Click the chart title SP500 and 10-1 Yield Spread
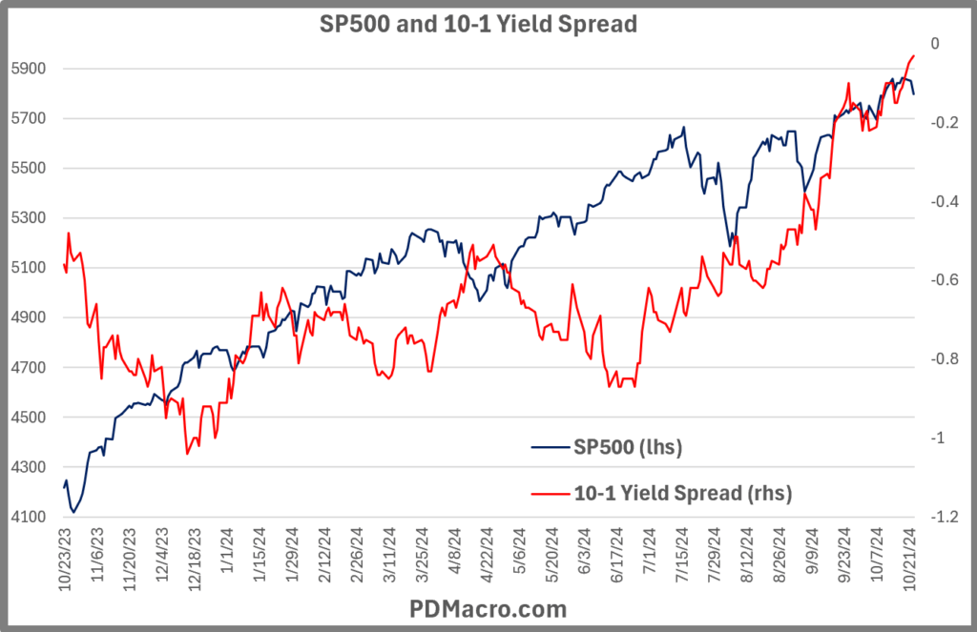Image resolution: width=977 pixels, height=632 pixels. [x=477, y=24]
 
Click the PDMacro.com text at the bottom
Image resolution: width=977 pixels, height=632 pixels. [x=488, y=608]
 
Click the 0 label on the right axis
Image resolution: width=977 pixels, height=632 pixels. [x=935, y=44]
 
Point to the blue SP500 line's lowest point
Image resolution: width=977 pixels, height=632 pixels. [x=73, y=512]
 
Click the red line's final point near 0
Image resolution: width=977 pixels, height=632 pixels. [x=914, y=55]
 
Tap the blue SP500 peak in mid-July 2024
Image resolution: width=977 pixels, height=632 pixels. [x=683, y=127]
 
